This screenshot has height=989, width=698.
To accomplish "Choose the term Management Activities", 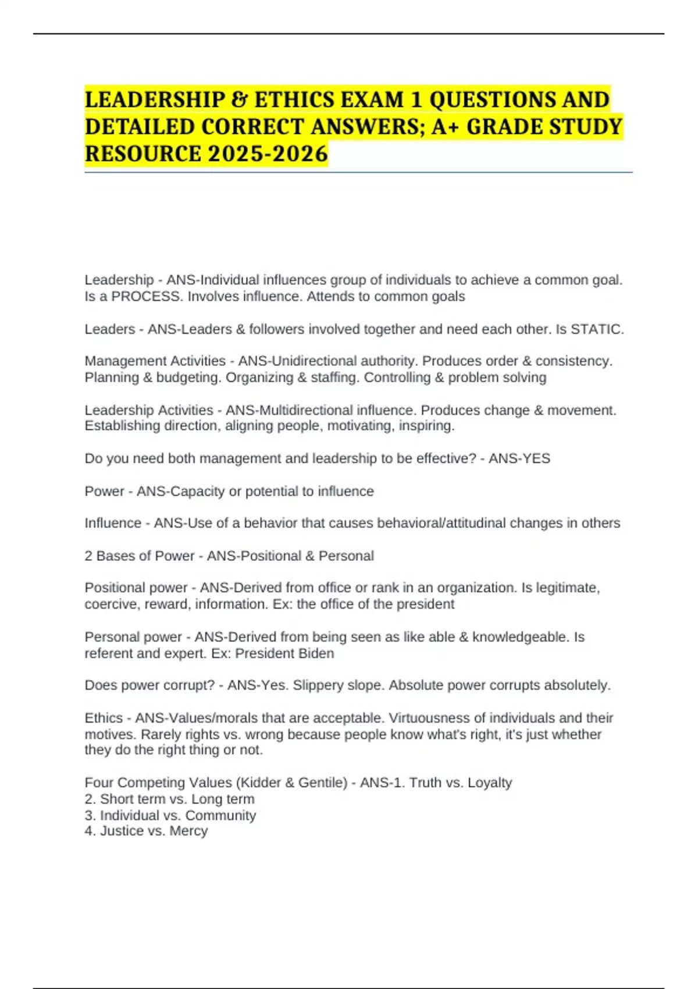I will [155, 361].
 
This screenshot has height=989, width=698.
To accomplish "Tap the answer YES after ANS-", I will [537, 458].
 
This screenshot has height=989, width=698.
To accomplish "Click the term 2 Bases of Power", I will [140, 556].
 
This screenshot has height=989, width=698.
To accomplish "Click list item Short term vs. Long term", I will [177, 799].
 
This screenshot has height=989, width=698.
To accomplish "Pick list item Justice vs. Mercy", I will [154, 831].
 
